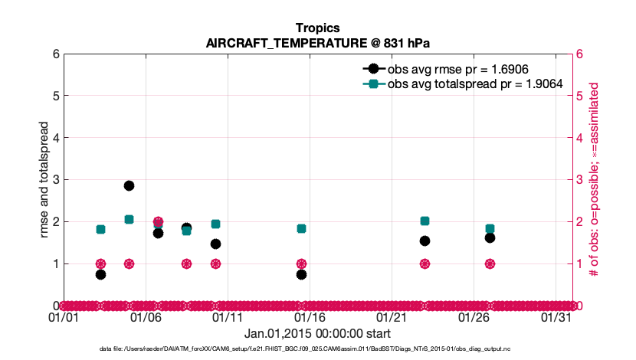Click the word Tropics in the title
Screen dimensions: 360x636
(318, 28)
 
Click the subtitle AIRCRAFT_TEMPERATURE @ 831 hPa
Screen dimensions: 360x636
(318, 43)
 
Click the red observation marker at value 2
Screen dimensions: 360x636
(158, 221)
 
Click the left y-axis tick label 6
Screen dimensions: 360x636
(56, 54)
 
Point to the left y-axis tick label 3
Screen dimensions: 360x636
(56, 180)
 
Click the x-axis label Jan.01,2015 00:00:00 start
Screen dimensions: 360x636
(317, 333)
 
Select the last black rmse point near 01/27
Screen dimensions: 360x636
(490, 237)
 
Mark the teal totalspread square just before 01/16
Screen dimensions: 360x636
(301, 228)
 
